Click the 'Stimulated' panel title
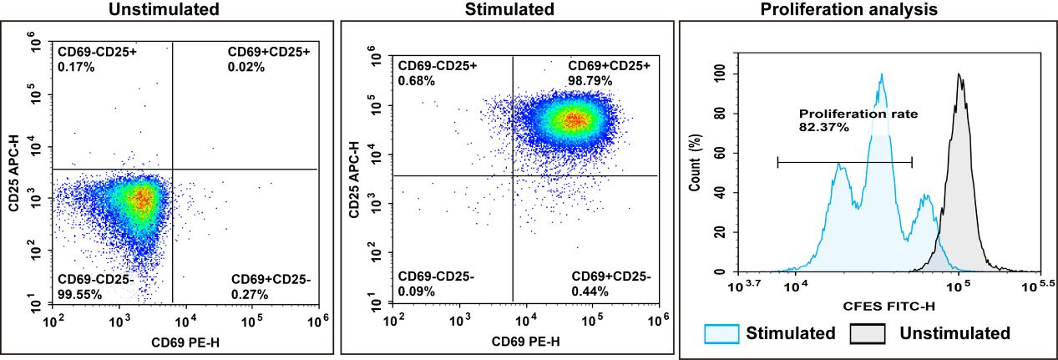click(509, 10)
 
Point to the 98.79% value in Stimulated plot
click(590, 81)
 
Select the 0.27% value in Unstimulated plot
click(248, 294)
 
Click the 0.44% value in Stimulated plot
click(590, 292)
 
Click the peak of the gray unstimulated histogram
click(959, 75)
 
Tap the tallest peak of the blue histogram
click(881, 75)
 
